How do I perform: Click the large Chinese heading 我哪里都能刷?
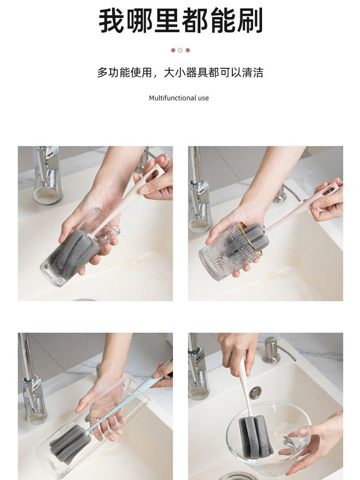click(x=180, y=21)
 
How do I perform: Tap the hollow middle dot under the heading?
click(x=180, y=50)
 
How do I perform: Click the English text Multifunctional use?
click(x=179, y=98)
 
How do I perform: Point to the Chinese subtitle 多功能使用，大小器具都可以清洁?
click(x=180, y=72)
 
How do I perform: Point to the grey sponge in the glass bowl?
click(x=256, y=437)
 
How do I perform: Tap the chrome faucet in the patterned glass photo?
click(x=199, y=190)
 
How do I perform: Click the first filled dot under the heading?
click(x=173, y=50)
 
